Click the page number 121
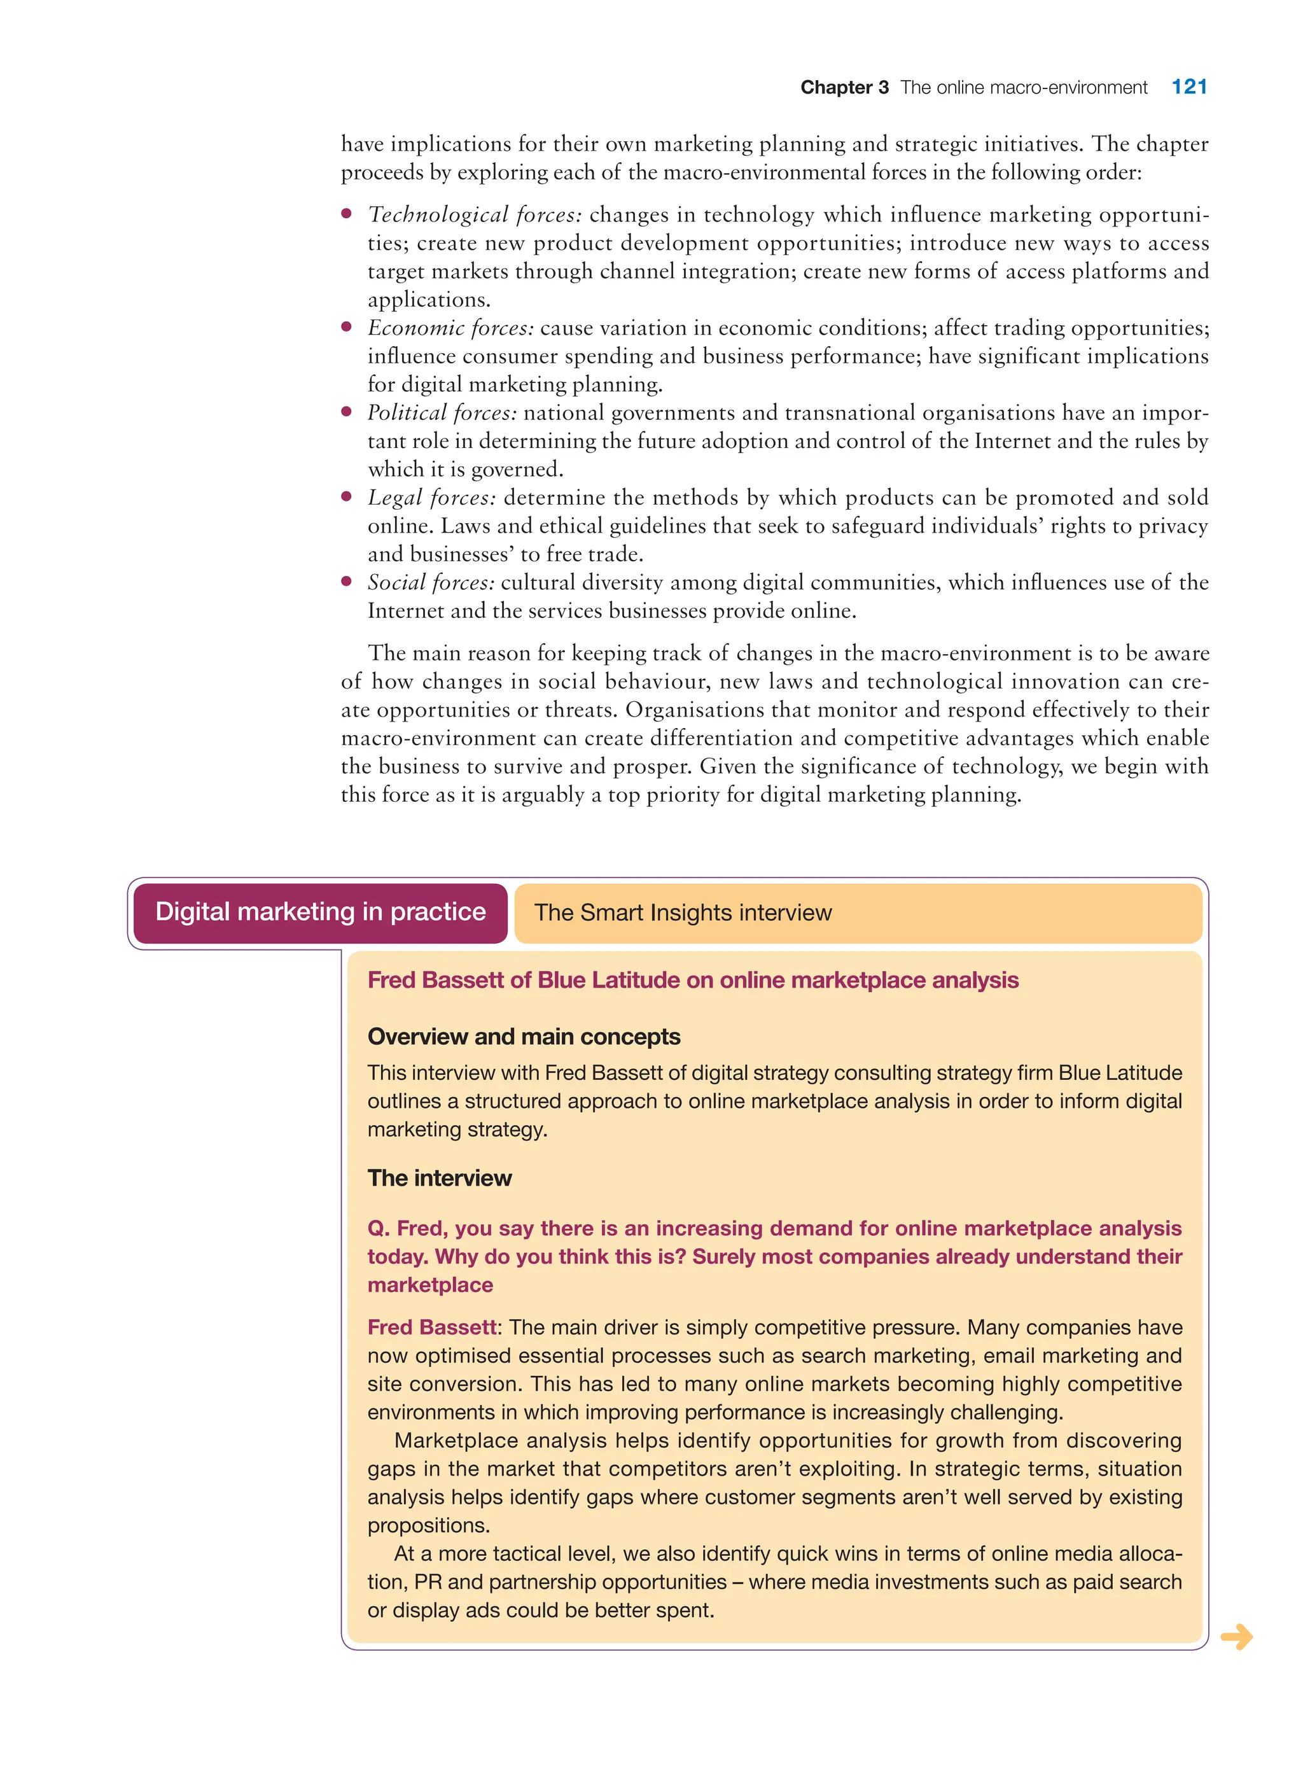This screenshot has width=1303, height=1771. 1188,87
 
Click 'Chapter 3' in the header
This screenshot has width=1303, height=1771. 844,88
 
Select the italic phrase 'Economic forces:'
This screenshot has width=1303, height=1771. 450,327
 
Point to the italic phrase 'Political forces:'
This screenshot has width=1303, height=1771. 442,412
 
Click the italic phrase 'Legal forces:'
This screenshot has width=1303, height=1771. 431,498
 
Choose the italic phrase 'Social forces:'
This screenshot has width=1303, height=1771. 431,582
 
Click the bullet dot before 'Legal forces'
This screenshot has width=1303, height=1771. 346,496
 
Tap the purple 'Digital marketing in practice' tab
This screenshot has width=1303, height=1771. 320,912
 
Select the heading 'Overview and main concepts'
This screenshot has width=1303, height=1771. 524,1037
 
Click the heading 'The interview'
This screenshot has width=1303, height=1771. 440,1178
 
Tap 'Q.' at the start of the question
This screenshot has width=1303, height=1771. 379,1228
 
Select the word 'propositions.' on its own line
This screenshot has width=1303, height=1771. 428,1525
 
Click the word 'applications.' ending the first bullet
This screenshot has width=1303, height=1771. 428,300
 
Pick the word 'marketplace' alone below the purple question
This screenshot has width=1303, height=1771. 430,1285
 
